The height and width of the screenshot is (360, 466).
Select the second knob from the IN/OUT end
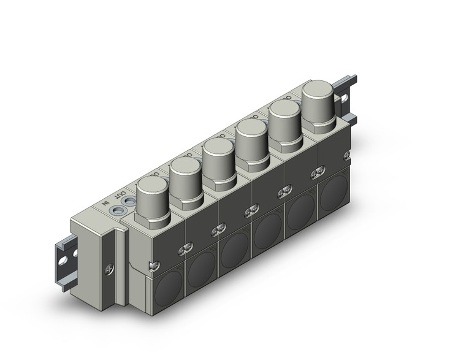tap(184, 177)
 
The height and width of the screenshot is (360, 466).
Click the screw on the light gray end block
tap(110, 268)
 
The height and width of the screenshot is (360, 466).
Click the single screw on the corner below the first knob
tap(151, 265)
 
